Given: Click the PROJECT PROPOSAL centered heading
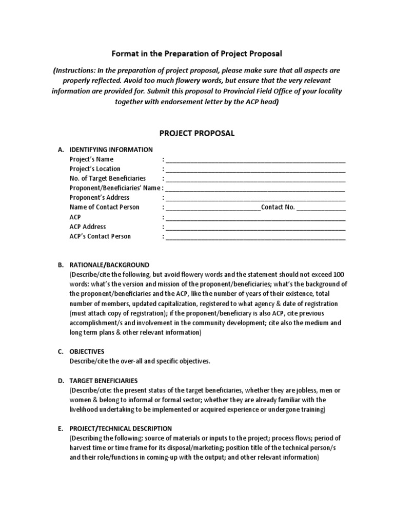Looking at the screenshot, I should click(x=196, y=133).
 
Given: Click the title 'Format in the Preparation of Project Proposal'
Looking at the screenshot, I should click(x=196, y=53).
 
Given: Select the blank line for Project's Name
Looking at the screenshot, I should click(x=255, y=159).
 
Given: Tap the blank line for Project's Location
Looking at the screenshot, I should click(x=255, y=169).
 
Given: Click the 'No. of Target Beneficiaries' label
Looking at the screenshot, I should click(x=107, y=178).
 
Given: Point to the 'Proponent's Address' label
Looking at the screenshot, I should click(x=100, y=198).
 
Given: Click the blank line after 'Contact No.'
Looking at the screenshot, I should click(x=321, y=208).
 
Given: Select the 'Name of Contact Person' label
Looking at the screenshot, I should click(x=104, y=208).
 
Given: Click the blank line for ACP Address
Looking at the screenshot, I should click(x=255, y=227).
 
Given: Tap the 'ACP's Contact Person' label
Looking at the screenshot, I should click(x=100, y=236).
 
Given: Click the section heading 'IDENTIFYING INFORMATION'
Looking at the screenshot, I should click(x=111, y=149).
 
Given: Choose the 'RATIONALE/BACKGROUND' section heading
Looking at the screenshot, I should click(x=109, y=265).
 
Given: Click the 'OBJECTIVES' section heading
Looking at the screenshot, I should click(x=87, y=352).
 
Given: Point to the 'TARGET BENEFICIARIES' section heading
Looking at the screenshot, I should click(x=104, y=381).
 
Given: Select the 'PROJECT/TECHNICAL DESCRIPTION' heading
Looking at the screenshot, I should click(x=121, y=428).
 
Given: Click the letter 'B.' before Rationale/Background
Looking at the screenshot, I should click(x=61, y=265).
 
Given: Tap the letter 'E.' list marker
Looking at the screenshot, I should click(x=61, y=428).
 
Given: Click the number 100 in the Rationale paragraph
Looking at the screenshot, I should click(x=340, y=275).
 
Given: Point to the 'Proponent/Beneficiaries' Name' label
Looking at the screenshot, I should click(x=115, y=188).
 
